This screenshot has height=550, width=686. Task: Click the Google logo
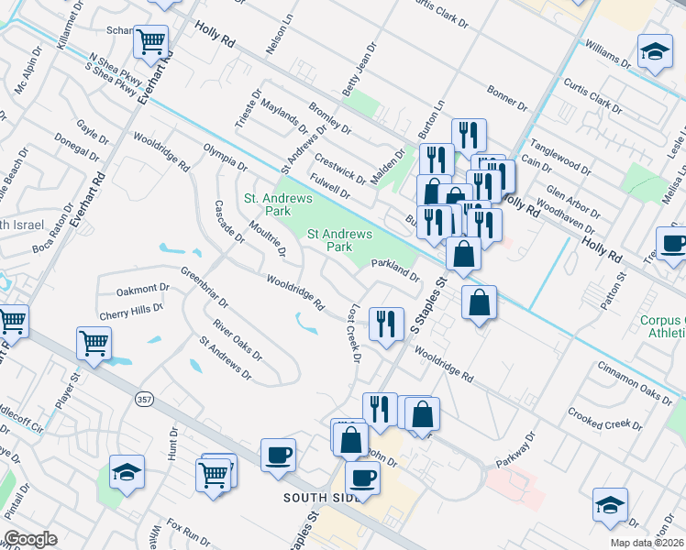(30, 539)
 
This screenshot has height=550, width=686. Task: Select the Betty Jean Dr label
(360, 71)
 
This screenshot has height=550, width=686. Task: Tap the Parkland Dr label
(395, 269)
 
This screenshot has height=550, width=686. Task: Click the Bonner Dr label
(507, 95)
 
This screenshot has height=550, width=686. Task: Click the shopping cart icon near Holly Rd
(151, 40)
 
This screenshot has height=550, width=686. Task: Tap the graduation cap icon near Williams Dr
(655, 53)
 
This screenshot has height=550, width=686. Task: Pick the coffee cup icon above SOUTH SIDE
(278, 454)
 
